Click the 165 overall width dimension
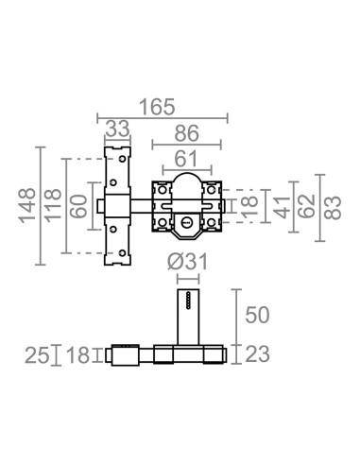tap(157, 107)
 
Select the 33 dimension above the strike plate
tap(117, 129)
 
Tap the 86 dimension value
tap(187, 133)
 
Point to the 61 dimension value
tap(186, 159)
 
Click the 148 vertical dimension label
tap(27, 206)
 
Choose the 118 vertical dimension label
tap(52, 205)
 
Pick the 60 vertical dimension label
tap(78, 206)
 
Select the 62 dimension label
tap(307, 206)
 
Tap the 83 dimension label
tap(333, 208)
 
